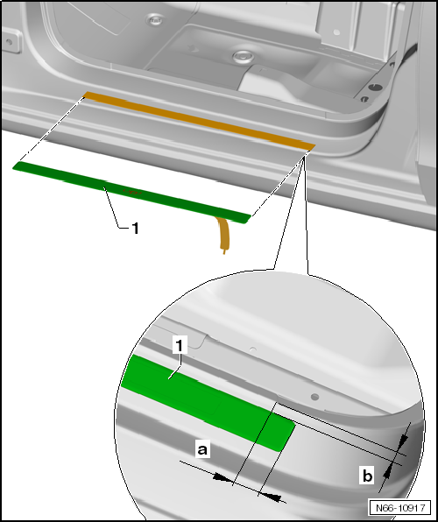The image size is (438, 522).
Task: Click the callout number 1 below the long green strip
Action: (135, 229)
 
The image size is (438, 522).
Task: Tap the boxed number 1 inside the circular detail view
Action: (180, 345)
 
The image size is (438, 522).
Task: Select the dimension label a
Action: (202, 449)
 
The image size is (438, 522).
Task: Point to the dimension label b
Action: (367, 475)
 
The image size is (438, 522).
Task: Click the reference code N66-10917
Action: (400, 508)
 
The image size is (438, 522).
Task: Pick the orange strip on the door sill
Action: (199, 121)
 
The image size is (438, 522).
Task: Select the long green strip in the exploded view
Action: (131, 193)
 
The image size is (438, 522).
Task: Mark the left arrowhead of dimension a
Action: (223, 477)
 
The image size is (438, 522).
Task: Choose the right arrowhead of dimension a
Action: (272, 497)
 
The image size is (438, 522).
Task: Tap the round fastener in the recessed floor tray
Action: (244, 57)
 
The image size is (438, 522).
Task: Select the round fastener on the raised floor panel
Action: (154, 20)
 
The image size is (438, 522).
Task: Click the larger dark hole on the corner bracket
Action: (376, 88)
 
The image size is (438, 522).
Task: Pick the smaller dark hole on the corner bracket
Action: (364, 99)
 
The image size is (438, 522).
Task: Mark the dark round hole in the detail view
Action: (314, 397)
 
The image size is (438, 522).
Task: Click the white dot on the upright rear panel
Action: (336, 32)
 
